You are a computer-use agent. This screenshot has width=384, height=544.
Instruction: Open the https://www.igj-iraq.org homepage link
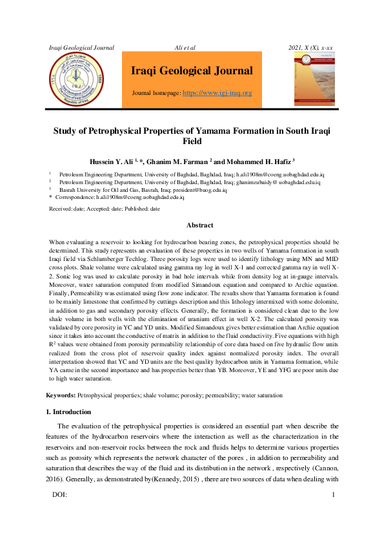217,93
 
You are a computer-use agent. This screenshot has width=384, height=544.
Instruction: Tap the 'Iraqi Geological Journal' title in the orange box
192,71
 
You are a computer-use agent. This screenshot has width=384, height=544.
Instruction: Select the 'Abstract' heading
200,225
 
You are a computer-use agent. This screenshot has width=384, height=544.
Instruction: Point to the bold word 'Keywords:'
61,394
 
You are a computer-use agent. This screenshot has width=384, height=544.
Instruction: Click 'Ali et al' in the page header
185,48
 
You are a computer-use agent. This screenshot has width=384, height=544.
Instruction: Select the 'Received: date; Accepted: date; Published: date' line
105,209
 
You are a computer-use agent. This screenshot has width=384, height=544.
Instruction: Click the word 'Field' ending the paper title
192,140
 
